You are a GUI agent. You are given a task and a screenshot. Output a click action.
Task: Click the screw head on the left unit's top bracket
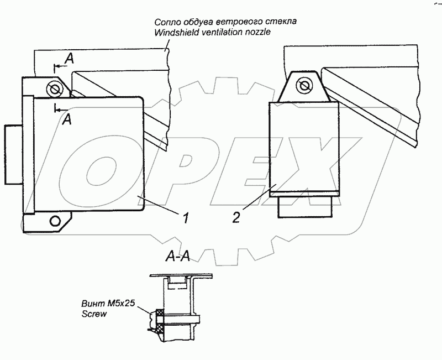[54, 88]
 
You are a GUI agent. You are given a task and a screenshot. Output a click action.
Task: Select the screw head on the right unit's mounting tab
[302, 86]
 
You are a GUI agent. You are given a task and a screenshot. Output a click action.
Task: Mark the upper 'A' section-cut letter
[68, 58]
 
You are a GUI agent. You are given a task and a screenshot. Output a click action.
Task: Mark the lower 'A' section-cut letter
[66, 119]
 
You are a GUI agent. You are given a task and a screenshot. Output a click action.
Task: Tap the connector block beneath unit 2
[304, 207]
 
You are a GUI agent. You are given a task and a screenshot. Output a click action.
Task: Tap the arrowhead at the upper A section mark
[57, 67]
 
